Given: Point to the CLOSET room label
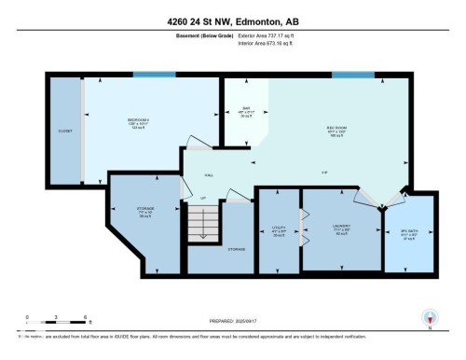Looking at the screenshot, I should [x=64, y=131].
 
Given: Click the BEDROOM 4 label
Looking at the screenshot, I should [x=141, y=120].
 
